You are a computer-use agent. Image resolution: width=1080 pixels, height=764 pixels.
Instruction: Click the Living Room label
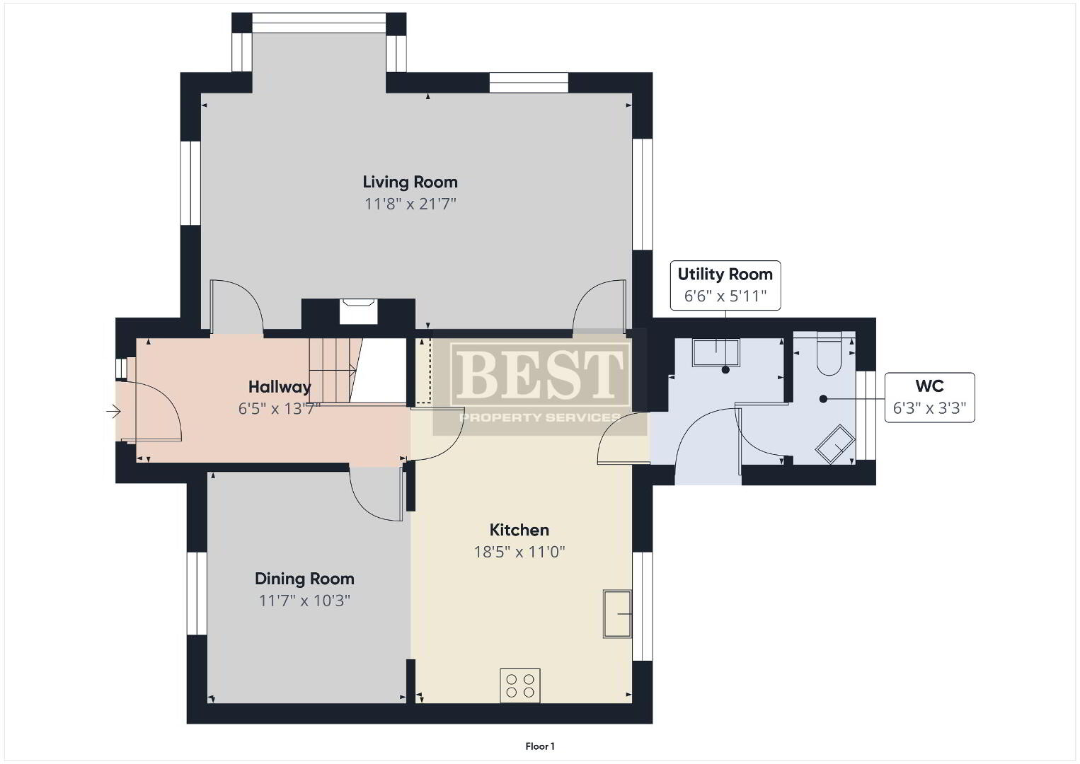[x=410, y=183]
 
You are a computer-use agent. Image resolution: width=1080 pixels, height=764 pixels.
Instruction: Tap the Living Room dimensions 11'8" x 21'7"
[x=410, y=204]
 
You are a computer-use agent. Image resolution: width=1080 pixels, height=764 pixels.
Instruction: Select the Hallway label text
[x=280, y=386]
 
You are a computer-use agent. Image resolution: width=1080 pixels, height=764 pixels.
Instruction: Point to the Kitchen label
[x=519, y=530]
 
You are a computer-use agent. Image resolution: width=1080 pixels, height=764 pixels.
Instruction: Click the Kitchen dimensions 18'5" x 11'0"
[x=519, y=552]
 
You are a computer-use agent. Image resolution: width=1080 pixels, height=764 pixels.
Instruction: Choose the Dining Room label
[x=304, y=579]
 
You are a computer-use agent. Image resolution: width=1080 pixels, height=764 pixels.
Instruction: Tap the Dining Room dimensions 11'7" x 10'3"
[x=304, y=601]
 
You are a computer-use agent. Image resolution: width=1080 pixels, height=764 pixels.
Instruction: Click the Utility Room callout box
[x=725, y=285]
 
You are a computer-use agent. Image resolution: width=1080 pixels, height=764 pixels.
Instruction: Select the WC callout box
[x=929, y=397]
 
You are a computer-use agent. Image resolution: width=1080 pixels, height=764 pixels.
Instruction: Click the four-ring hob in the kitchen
[x=519, y=685]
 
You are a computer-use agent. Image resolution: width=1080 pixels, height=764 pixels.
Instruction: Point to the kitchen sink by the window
[x=617, y=613]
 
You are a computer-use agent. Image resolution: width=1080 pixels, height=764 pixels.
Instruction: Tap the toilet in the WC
[x=829, y=353]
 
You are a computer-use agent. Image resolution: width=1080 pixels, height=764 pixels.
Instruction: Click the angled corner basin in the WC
[x=835, y=444]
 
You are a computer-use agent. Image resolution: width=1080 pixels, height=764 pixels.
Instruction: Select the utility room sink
[x=716, y=352]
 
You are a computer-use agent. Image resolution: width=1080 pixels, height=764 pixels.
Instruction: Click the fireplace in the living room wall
[x=357, y=311]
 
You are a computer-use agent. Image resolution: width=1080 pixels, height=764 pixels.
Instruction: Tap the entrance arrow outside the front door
[x=113, y=411]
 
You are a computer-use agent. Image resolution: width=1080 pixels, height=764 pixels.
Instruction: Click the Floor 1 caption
[x=540, y=746]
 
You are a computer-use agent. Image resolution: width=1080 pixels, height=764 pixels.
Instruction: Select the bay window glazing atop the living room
[x=319, y=23]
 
